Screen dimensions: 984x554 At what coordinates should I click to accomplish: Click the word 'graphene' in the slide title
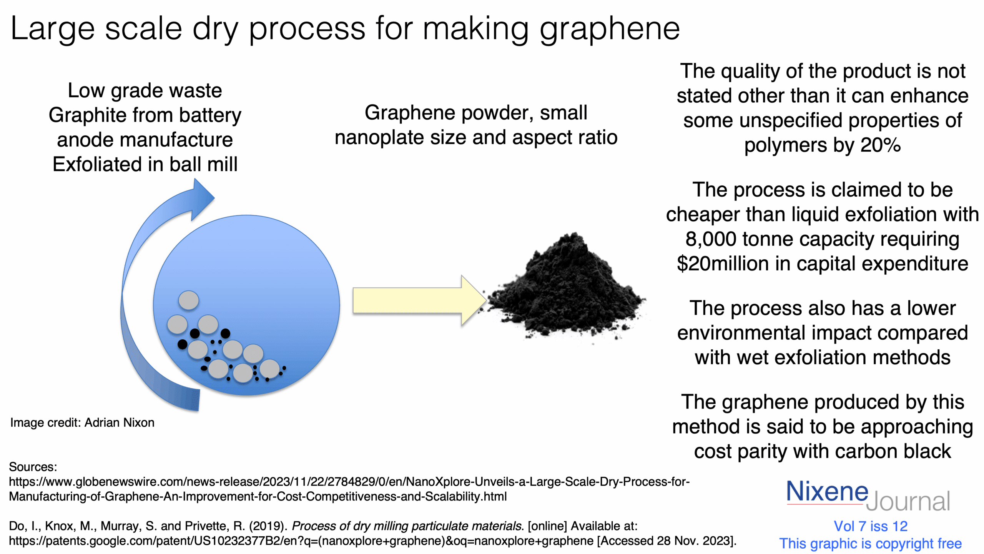pyautogui.click(x=610, y=30)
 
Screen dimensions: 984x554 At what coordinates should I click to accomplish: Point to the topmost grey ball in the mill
pyautogui.click(x=189, y=300)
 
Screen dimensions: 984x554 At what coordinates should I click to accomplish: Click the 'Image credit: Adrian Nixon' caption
pyautogui.click(x=82, y=422)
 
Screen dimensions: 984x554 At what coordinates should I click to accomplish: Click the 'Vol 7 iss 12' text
pyautogui.click(x=871, y=526)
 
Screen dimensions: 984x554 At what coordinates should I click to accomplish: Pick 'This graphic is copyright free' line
pyautogui.click(x=871, y=544)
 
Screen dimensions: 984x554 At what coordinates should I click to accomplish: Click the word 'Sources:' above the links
pyautogui.click(x=33, y=467)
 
